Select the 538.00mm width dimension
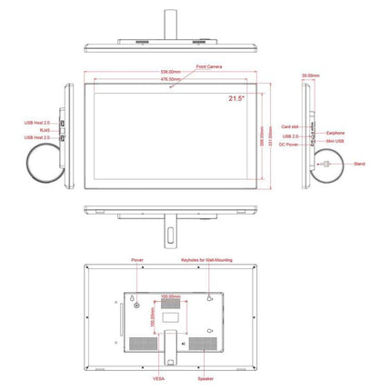pos(170,72)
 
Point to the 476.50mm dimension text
pos(170,80)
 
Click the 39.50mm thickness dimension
pos(312,75)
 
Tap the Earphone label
pos(337,133)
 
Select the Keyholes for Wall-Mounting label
pos(206,260)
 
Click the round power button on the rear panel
pos(138,306)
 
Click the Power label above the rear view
pos(137,260)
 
